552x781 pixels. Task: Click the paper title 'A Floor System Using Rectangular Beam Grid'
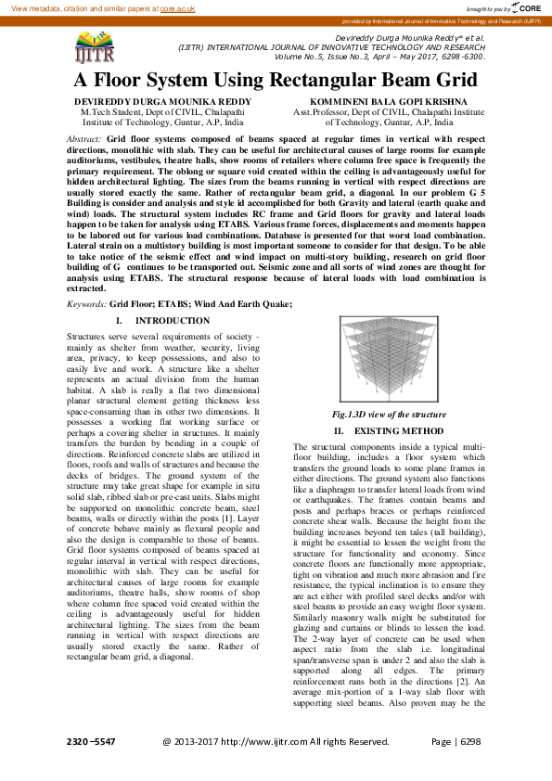pyautogui.click(x=276, y=80)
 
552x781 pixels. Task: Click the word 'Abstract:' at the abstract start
pyautogui.click(x=86, y=137)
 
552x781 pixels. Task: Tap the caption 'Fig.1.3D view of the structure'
pyautogui.click(x=389, y=415)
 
